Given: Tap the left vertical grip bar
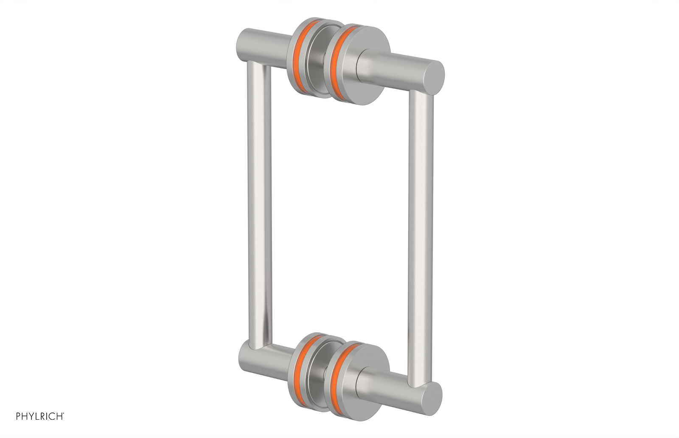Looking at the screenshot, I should pyautogui.click(x=259, y=204).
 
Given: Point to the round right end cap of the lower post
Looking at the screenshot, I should pyautogui.click(x=431, y=399).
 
